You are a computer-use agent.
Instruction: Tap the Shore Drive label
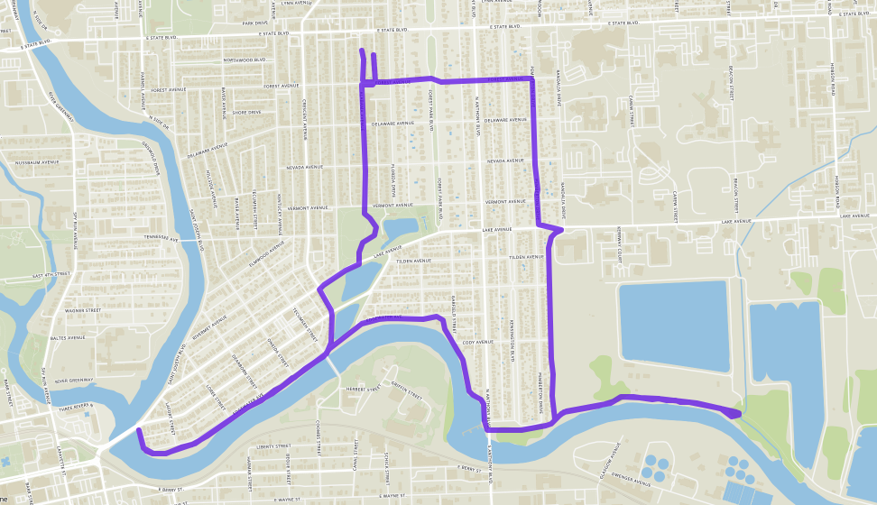(246, 113)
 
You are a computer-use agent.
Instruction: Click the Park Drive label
(255, 24)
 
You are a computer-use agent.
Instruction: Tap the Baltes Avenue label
(69, 338)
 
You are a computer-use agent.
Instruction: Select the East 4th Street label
(51, 274)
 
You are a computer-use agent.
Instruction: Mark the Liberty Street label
(272, 445)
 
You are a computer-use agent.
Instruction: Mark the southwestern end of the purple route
(138, 432)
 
